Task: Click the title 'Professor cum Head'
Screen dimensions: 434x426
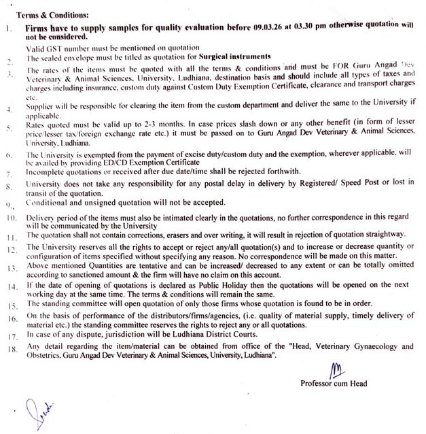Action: pos(334,382)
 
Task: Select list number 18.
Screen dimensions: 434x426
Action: pos(10,349)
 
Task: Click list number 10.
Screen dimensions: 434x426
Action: pos(10,218)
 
